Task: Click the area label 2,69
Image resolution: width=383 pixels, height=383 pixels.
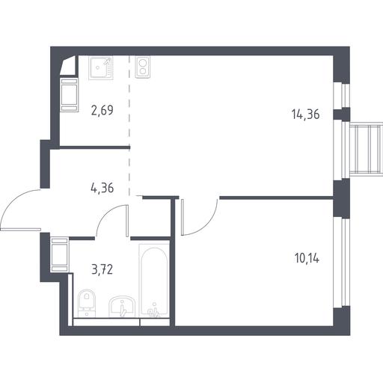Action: (102, 111)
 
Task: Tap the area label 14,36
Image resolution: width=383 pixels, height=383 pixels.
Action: (305, 114)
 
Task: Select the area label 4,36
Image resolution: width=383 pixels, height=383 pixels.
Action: (102, 188)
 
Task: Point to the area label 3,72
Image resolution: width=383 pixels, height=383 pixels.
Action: (102, 269)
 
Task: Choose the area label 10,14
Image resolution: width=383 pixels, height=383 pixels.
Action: (307, 258)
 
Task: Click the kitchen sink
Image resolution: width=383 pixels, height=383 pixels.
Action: (101, 67)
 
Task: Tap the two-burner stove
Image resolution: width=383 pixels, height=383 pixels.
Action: (143, 67)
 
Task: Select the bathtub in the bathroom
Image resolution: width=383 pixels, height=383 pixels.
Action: (154, 280)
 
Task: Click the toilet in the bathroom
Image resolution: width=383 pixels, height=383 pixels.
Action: (87, 303)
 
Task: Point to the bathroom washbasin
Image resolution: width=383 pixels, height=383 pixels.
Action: (122, 307)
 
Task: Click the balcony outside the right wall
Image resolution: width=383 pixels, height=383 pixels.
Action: (366, 149)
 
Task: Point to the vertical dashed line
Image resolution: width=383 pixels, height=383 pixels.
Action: (129, 126)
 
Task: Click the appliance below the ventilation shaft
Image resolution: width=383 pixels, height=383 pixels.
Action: (69, 95)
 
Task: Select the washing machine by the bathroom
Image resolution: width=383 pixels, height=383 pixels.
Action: (60, 255)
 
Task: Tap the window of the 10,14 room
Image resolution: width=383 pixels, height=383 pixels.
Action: (342, 263)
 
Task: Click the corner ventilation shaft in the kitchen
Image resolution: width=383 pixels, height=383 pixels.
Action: (68, 65)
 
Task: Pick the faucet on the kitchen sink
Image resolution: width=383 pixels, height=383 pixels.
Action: (107, 61)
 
